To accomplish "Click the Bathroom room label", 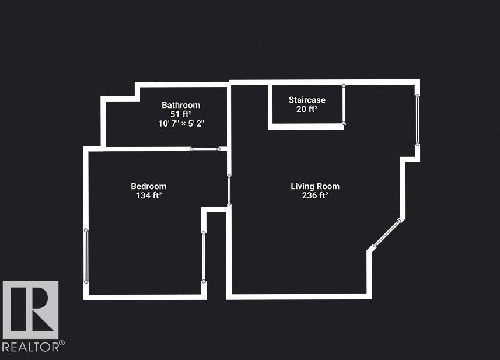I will coord(181,105).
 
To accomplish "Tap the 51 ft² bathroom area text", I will coord(181,114).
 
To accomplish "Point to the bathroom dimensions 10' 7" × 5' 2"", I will coord(181,124).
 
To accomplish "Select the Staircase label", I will coord(307,100).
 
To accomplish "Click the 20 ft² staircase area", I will coord(307,109).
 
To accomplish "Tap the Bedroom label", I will coord(149,187).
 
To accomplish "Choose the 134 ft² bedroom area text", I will coord(149,196).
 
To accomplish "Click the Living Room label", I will coord(315,187).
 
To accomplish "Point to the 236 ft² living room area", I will coord(315,196).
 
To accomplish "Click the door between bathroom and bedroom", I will coord(205,149).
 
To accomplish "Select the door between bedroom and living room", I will coord(229,190).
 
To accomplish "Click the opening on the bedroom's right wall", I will coord(204,257).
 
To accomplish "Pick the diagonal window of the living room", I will coord(387,233).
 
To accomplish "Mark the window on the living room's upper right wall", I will coord(417,119).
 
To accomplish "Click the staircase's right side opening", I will coord(344,104).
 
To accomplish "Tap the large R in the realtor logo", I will coord(30,309).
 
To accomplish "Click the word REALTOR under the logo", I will coord(30,347).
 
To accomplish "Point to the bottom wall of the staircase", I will coord(307,126).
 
